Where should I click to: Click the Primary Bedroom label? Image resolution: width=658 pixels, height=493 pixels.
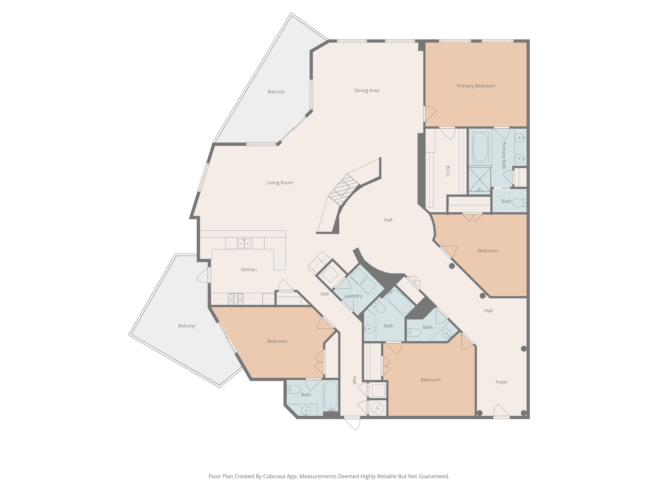pos(476,86)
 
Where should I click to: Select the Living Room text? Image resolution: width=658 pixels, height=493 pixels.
pos(280,183)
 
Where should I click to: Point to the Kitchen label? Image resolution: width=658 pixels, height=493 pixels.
pos(249,270)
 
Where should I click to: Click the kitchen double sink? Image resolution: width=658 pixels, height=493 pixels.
pos(244,243)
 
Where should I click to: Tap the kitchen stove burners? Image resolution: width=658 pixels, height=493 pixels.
pos(236,299)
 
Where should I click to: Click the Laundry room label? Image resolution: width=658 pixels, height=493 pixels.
pos(353,296)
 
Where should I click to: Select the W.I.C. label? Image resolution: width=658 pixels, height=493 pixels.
pos(448,171)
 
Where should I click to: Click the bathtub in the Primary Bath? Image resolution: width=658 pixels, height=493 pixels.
pos(480,147)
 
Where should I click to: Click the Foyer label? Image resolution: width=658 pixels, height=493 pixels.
pos(501,382)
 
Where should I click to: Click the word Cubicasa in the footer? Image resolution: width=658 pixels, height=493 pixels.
pos(274,476)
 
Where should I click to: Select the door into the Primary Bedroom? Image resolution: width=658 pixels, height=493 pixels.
pos(430,114)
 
